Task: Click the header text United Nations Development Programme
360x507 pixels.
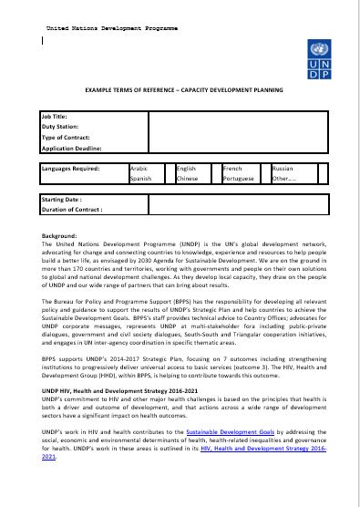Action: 112,30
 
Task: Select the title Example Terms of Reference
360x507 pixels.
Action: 183,91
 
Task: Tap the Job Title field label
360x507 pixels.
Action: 57,119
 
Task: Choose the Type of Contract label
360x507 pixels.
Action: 71,137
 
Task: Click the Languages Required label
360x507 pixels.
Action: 77,169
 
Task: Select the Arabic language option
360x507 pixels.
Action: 139,169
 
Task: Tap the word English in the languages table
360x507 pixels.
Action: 186,169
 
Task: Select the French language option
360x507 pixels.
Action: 233,169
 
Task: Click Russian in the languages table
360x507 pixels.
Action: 283,169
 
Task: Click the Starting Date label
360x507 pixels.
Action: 63,199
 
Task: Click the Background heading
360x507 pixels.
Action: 59,235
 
